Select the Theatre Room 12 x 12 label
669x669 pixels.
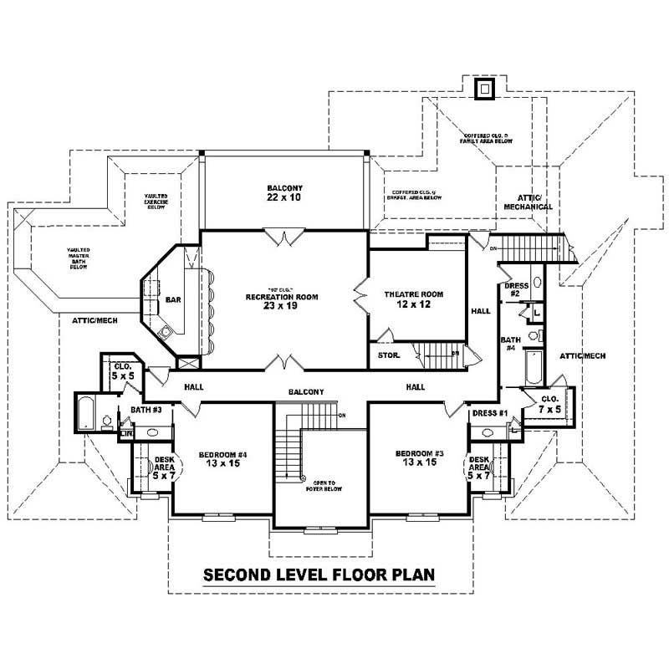point(413,299)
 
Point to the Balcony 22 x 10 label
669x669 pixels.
point(284,193)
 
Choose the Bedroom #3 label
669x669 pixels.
point(416,459)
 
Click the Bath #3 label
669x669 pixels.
point(146,410)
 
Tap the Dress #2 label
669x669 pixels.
point(517,290)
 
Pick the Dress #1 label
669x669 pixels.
point(490,413)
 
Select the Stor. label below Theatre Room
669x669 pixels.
point(389,356)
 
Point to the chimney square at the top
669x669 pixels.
point(484,89)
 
